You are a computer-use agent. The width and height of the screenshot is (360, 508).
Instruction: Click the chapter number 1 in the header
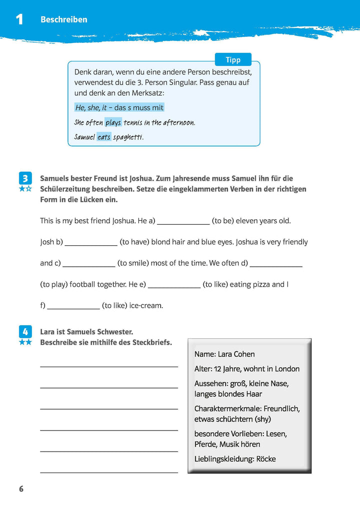point(19,20)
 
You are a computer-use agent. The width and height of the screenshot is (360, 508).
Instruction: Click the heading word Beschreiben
point(63,19)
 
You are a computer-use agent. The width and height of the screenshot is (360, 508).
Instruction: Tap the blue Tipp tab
point(233,60)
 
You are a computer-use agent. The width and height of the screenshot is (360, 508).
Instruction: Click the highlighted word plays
point(113,122)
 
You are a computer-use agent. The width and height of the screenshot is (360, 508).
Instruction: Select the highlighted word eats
point(104,136)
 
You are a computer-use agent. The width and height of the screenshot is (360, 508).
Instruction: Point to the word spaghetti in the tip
point(128,137)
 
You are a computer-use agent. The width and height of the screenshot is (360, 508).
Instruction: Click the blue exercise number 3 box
point(25,178)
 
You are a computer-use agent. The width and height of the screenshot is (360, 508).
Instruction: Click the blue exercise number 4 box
point(25,331)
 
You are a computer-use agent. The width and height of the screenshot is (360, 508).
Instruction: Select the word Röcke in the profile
point(266,459)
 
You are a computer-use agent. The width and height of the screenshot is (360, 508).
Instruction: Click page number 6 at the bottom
point(21,489)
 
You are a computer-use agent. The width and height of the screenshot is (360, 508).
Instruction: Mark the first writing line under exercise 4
point(108,367)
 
